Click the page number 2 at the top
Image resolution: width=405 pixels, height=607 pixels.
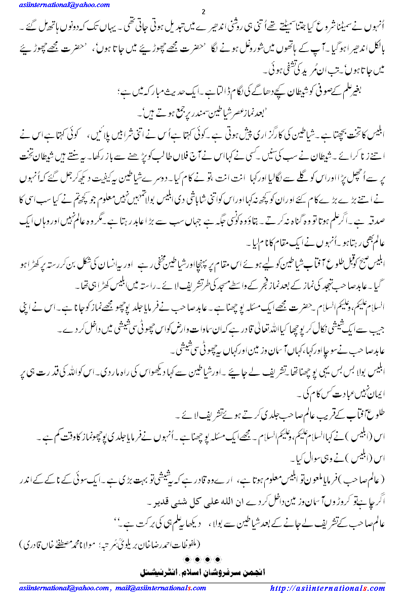click(202, 11)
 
